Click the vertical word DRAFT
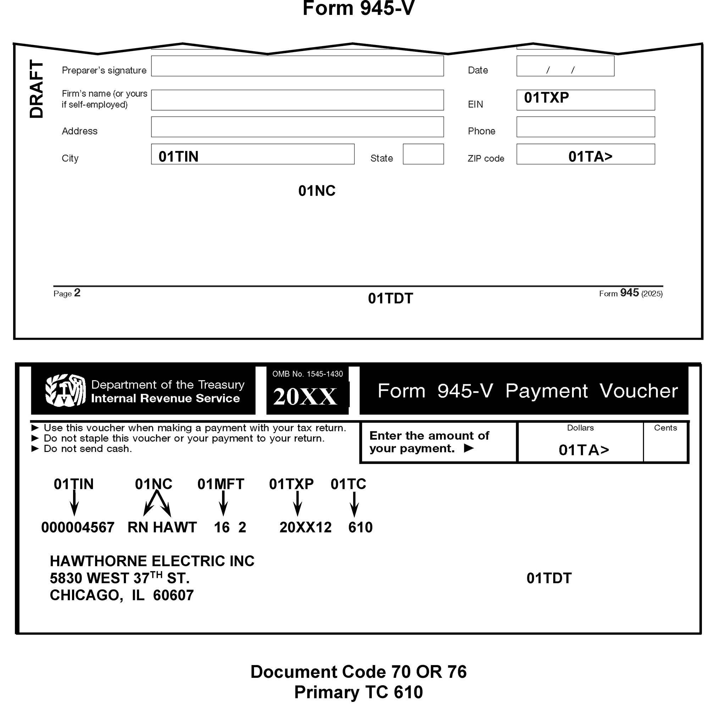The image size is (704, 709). [x=36, y=89]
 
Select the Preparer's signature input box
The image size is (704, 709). [x=297, y=66]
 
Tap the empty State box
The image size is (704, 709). [x=423, y=154]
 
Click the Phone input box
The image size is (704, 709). [x=585, y=127]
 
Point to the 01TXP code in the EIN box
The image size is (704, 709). [x=546, y=97]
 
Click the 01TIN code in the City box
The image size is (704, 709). [x=178, y=157]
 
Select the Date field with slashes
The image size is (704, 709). [x=565, y=66]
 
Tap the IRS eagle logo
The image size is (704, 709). [x=65, y=390]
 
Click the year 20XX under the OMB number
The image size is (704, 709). [x=305, y=397]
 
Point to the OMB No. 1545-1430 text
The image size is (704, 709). [x=307, y=374]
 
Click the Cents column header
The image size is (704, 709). [x=665, y=428]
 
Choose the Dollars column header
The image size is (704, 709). [x=580, y=428]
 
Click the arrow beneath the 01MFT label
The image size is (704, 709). [x=223, y=503]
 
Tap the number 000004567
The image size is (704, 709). [x=77, y=527]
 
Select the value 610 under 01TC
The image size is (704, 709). [x=360, y=527]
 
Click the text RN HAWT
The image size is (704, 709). [x=162, y=527]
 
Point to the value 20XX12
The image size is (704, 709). [x=305, y=527]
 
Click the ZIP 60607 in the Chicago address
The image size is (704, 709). [x=173, y=595]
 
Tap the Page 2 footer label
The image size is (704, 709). [x=67, y=293]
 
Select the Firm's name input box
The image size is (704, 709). [x=297, y=100]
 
